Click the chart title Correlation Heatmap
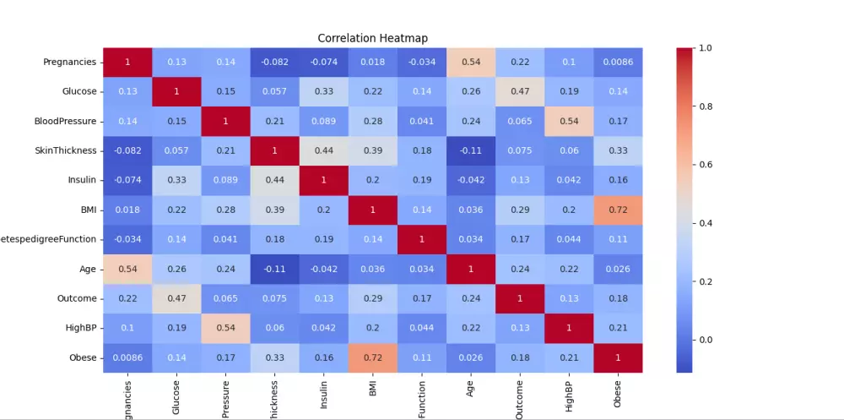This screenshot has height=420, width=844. click(372, 38)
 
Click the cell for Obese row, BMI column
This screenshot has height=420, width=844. click(372, 357)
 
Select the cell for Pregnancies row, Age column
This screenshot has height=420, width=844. click(470, 62)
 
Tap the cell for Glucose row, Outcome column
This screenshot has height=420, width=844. click(519, 91)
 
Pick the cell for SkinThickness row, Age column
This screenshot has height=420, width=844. click(470, 150)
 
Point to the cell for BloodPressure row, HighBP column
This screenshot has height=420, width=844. click(568, 121)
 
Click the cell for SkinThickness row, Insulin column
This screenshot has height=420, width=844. click(323, 150)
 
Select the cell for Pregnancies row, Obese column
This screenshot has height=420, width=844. click(617, 62)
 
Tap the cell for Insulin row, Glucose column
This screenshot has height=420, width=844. click(176, 180)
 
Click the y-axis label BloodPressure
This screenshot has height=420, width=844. click(67, 121)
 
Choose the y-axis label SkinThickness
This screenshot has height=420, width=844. click(68, 150)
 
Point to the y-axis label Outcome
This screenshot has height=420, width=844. click(77, 298)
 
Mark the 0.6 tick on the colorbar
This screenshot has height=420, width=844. click(706, 165)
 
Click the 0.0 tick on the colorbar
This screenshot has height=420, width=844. click(706, 340)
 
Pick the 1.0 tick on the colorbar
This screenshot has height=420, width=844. click(706, 48)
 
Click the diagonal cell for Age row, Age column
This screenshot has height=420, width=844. click(470, 269)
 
